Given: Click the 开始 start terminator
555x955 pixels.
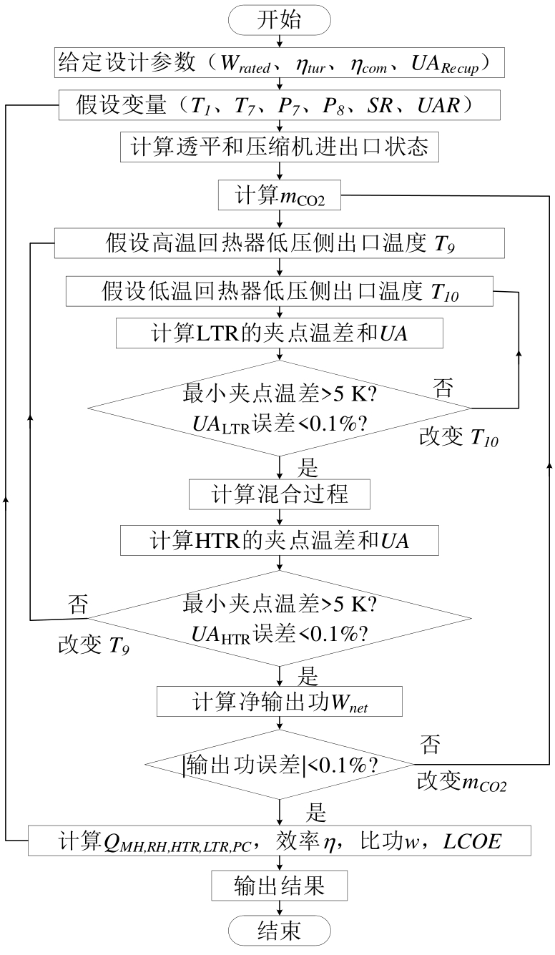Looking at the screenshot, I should (x=279, y=20).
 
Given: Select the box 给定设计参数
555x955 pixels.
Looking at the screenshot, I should (x=279, y=63).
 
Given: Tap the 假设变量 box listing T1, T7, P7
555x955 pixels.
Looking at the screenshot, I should (x=279, y=105).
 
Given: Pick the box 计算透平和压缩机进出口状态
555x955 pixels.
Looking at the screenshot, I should (x=279, y=148).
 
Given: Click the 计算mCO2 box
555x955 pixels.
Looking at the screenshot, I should (x=279, y=195).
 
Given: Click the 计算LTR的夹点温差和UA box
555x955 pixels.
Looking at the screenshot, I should (x=279, y=333).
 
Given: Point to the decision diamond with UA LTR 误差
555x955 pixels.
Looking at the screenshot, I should (x=279, y=408).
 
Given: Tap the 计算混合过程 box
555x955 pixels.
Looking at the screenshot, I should (x=279, y=494).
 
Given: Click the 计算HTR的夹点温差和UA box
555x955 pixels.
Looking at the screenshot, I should (x=279, y=539).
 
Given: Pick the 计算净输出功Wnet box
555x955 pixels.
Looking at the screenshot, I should (x=279, y=700).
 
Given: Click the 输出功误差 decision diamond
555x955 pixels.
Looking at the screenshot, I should (x=279, y=765).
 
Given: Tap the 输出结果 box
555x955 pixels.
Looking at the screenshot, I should (x=279, y=886).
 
